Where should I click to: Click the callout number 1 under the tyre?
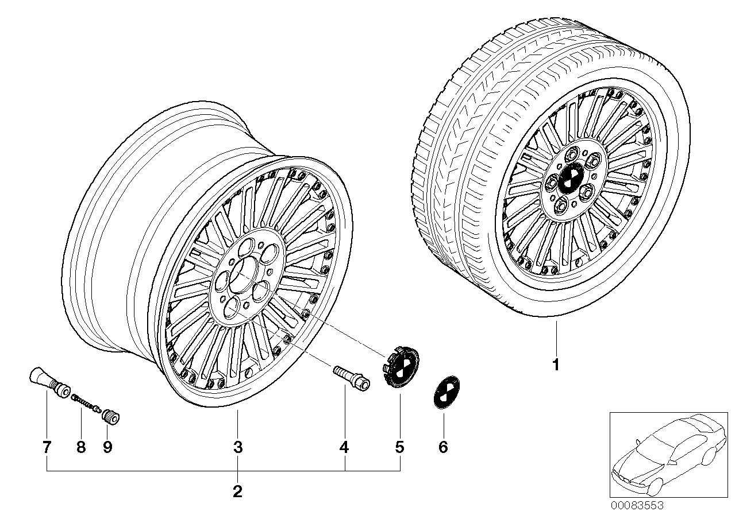tap(556, 365)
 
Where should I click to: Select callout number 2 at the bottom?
tap(237, 491)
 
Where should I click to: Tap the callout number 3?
tap(238, 447)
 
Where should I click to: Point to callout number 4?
tap(344, 447)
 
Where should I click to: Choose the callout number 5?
tap(399, 447)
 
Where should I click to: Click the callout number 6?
tap(443, 447)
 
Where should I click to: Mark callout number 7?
tap(47, 447)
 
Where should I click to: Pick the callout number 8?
tap(81, 447)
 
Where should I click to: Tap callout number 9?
tap(107, 447)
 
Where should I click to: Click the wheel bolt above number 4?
tap(352, 378)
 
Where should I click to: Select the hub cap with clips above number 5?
tap(400, 366)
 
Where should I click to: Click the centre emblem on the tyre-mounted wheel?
tap(572, 179)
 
